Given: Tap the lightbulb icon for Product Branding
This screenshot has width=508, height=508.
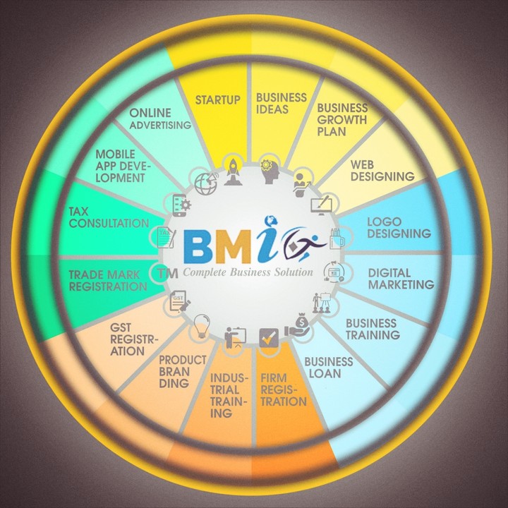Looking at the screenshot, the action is click(202, 326).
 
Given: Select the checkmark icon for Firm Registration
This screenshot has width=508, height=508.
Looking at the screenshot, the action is click(269, 338).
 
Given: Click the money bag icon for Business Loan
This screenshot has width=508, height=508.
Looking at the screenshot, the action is click(298, 325).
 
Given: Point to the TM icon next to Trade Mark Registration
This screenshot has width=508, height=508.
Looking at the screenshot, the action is click(167, 274).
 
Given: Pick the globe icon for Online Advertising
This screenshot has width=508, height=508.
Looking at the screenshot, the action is click(206, 184).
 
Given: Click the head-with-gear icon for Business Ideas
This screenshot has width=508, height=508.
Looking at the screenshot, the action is click(270, 171).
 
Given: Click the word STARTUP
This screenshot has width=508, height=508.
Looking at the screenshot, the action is click(218, 99).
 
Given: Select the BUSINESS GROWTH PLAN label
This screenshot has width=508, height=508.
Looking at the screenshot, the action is click(342, 119).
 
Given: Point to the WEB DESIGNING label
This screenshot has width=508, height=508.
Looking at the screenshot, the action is click(382, 171).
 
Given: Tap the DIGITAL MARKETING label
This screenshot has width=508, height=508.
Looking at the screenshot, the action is click(401, 279).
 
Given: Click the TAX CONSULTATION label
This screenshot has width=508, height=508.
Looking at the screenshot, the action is click(109, 217).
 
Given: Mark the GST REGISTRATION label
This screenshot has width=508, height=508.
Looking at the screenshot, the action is click(134, 339).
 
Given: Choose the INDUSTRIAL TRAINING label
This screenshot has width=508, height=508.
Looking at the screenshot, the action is click(229, 395).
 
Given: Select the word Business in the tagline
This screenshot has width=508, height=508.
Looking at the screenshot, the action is click(250, 272).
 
